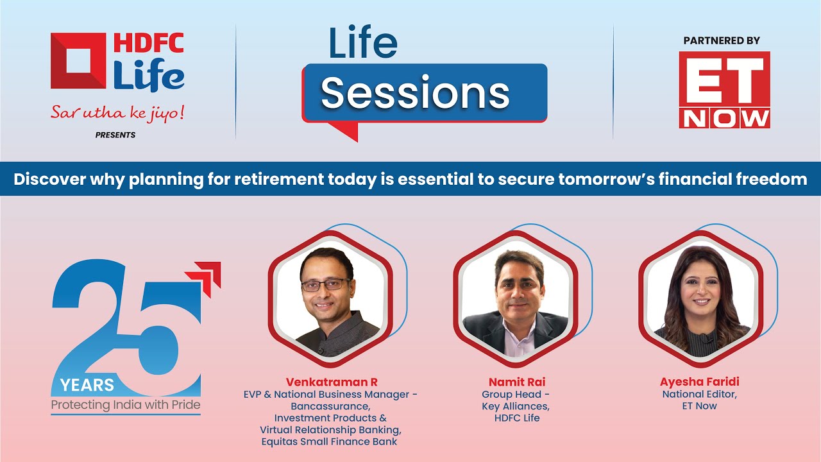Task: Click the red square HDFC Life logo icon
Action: click(78, 60)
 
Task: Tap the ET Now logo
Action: click(724, 90)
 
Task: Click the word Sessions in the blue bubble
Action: click(415, 93)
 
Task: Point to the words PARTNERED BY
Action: click(722, 40)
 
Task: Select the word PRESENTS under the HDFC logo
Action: click(115, 135)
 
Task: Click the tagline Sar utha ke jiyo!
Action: click(117, 112)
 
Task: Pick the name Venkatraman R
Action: click(332, 382)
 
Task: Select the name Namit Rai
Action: click(517, 382)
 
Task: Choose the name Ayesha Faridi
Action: click(699, 382)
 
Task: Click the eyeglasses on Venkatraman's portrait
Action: click(325, 285)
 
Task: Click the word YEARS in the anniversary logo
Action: click(87, 386)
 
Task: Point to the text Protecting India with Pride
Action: click(126, 405)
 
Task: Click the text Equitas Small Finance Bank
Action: click(329, 441)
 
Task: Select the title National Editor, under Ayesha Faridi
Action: click(699, 395)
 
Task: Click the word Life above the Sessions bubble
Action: click(363, 42)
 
